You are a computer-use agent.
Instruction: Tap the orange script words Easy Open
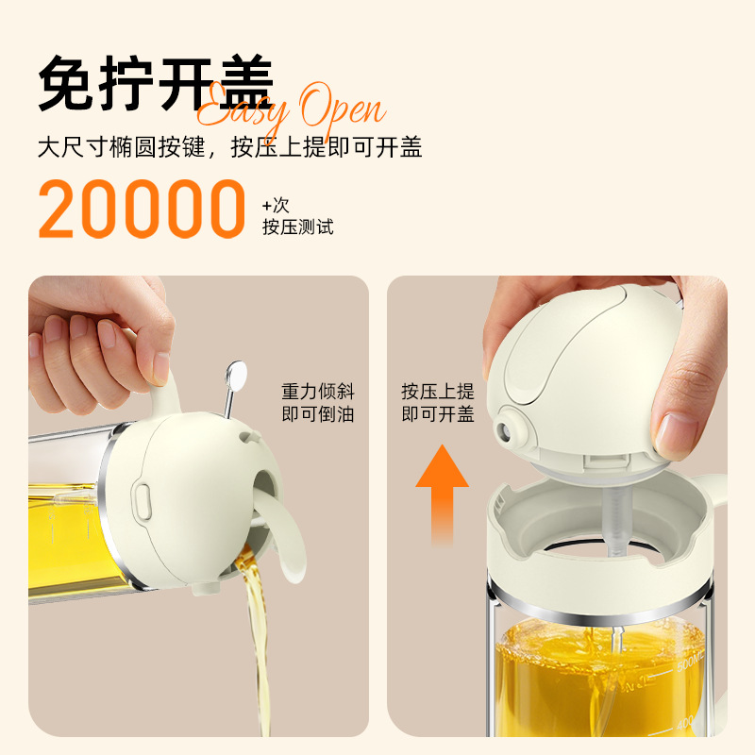pyautogui.click(x=292, y=109)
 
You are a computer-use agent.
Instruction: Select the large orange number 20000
pyautogui.click(x=143, y=209)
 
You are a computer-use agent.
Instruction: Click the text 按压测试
pyautogui.click(x=298, y=226)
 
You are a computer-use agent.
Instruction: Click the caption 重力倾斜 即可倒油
pyautogui.click(x=318, y=403)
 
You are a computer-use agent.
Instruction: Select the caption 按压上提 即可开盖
pyautogui.click(x=438, y=403)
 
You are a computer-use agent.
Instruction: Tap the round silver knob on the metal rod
pyautogui.click(x=236, y=374)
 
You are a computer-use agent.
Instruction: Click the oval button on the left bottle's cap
pyautogui.click(x=142, y=501)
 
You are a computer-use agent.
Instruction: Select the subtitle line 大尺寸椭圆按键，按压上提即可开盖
pyautogui.click(x=230, y=147)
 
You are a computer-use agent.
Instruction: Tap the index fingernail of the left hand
pyautogui.click(x=161, y=368)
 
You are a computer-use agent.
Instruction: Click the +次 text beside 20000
pyautogui.click(x=276, y=206)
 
